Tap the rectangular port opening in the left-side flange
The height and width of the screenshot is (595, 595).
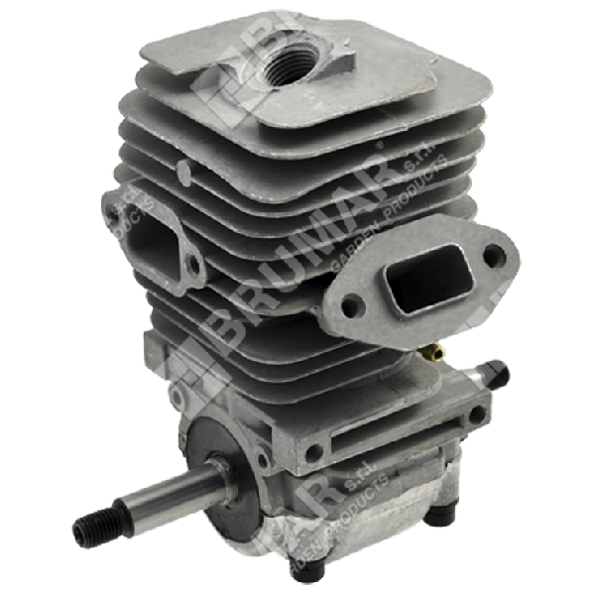[150, 243]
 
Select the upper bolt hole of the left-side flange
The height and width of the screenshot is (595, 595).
[117, 212]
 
